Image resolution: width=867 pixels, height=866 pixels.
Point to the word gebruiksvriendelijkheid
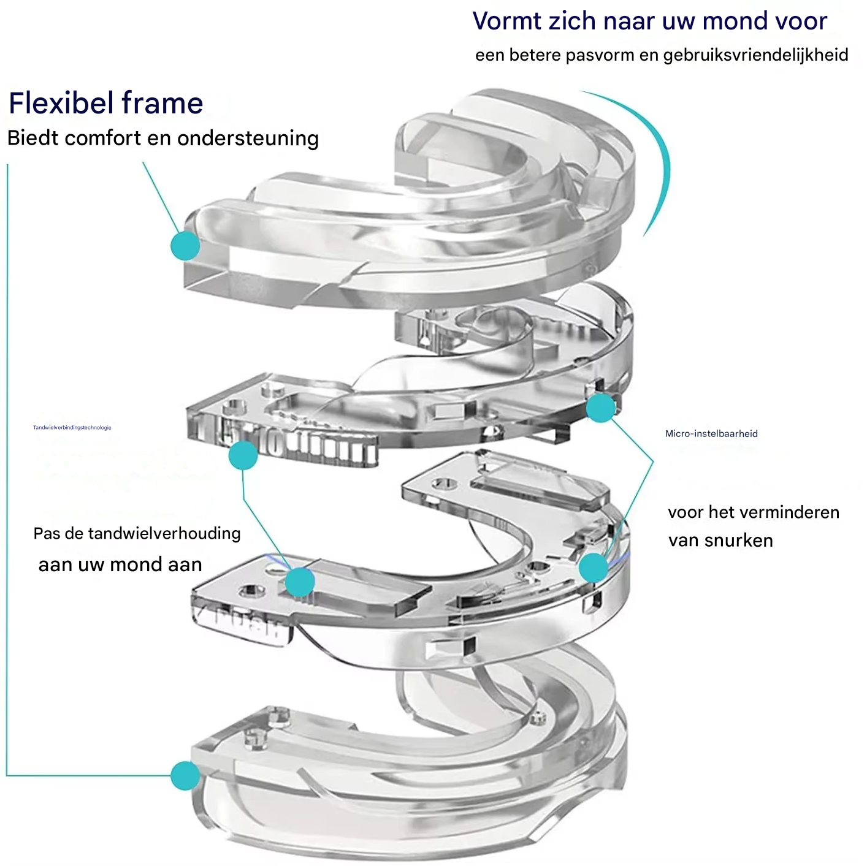(x=755, y=55)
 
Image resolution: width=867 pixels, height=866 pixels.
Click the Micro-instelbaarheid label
(x=711, y=433)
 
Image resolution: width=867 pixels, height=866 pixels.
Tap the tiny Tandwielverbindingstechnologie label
(x=72, y=427)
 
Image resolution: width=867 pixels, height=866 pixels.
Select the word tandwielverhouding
(x=164, y=533)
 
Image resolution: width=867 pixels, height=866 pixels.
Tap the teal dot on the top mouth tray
(x=185, y=246)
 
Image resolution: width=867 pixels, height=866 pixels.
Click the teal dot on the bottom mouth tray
(x=185, y=775)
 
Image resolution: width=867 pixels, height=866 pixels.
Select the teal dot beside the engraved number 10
(x=243, y=455)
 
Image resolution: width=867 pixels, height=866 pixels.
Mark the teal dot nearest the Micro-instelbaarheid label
(x=601, y=408)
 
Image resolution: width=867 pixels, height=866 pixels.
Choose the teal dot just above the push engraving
(x=300, y=582)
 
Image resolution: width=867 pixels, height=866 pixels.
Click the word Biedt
(x=32, y=139)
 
